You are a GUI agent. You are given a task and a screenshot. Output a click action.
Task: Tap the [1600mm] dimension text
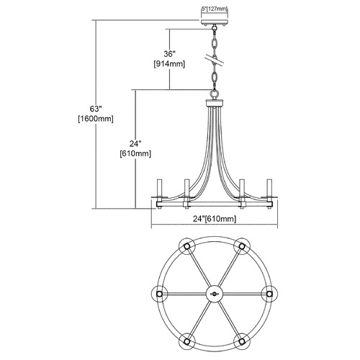96,119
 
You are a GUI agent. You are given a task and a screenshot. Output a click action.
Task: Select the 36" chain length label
169,54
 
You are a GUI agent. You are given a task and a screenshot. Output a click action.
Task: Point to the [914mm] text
169,64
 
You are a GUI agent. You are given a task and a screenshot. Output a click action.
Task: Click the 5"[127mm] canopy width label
214,9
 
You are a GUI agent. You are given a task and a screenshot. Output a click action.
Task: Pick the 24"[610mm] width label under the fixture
215,219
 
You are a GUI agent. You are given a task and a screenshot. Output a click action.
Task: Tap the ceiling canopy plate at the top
215,22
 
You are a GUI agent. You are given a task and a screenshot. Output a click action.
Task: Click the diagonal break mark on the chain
214,60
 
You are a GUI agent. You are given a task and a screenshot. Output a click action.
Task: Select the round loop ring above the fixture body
214,94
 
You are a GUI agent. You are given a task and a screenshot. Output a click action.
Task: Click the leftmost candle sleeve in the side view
160,188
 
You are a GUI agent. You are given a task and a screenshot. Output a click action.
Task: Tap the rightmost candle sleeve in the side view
269,188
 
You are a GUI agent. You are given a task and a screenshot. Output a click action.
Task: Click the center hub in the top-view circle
215,294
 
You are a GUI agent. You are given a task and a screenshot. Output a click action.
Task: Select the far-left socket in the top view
159,294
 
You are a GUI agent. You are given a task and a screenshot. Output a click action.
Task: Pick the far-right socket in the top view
270,294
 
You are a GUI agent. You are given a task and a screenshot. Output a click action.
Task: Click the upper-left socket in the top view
187,246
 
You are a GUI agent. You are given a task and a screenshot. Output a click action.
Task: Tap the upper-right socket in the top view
242,246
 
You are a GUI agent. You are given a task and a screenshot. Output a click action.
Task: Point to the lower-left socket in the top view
187,341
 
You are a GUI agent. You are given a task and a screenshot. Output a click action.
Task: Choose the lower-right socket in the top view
242,341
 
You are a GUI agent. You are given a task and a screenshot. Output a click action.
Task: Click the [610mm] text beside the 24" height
135,153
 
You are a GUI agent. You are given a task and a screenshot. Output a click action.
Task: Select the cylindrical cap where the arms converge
215,103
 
